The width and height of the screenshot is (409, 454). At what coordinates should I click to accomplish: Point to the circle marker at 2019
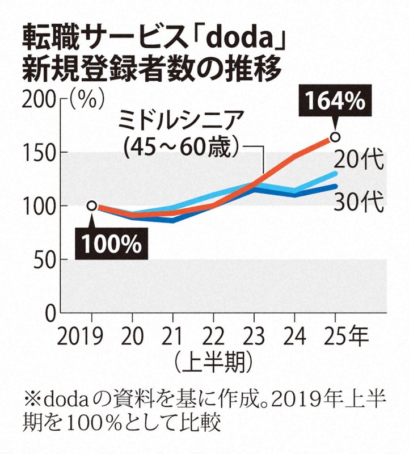click(x=92, y=205)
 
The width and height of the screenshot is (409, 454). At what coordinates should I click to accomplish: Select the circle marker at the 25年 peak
click(x=335, y=137)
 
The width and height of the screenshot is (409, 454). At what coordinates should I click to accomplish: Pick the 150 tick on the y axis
click(x=38, y=152)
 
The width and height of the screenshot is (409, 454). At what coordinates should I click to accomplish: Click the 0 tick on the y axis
click(x=50, y=313)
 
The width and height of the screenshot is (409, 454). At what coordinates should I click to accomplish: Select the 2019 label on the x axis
click(x=92, y=337)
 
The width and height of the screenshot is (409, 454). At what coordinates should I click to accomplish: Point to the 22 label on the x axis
click(x=213, y=337)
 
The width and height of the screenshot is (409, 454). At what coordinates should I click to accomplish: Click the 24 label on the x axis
click(x=294, y=337)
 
